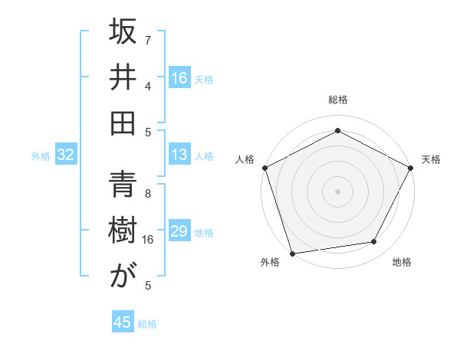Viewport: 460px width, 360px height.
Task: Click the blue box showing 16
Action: pyautogui.click(x=179, y=78)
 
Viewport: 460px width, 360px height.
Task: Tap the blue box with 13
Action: pyautogui.click(x=179, y=155)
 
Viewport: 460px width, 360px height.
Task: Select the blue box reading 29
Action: pyautogui.click(x=179, y=231)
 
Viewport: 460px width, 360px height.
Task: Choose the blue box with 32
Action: pyautogui.click(x=65, y=155)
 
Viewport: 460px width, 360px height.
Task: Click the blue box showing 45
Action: pyautogui.click(x=123, y=322)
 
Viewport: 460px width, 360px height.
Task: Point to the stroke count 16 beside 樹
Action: pyautogui.click(x=148, y=240)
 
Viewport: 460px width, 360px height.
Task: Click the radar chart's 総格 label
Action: pyautogui.click(x=338, y=100)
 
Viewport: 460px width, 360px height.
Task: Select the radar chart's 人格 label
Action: pyautogui.click(x=245, y=159)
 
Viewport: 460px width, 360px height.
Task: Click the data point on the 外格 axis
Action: pyautogui.click(x=292, y=254)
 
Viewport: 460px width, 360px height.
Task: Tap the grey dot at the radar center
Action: pyautogui.click(x=337, y=191)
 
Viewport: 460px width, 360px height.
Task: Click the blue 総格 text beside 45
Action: pyautogui.click(x=148, y=324)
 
